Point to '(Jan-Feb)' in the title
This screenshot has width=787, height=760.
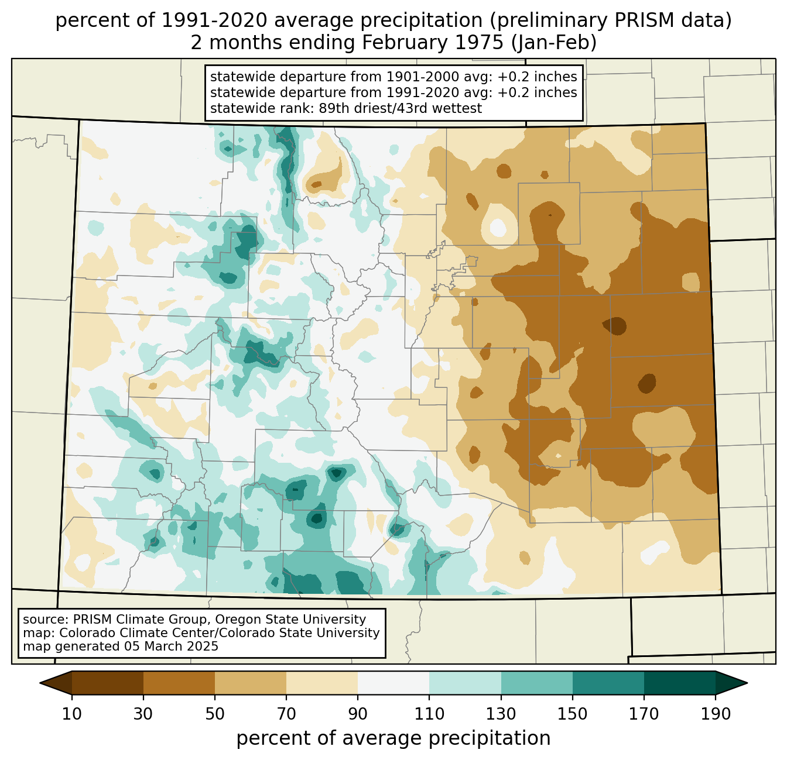(554, 43)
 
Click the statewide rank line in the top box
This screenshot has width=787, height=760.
(346, 108)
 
